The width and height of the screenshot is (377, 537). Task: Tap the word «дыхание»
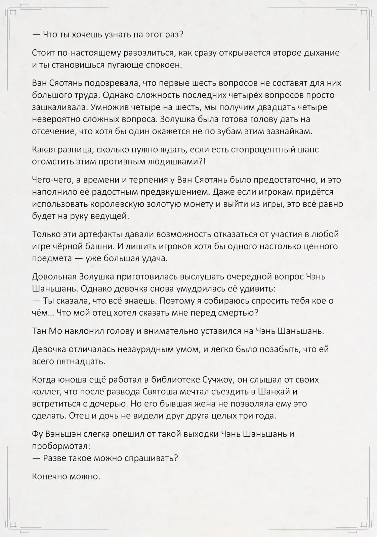[316, 53]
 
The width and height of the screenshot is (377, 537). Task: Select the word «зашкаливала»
[56, 107]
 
